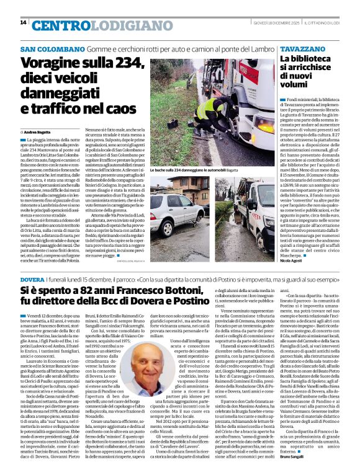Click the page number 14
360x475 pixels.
[24, 23]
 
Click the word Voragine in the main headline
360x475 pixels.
[48, 63]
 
